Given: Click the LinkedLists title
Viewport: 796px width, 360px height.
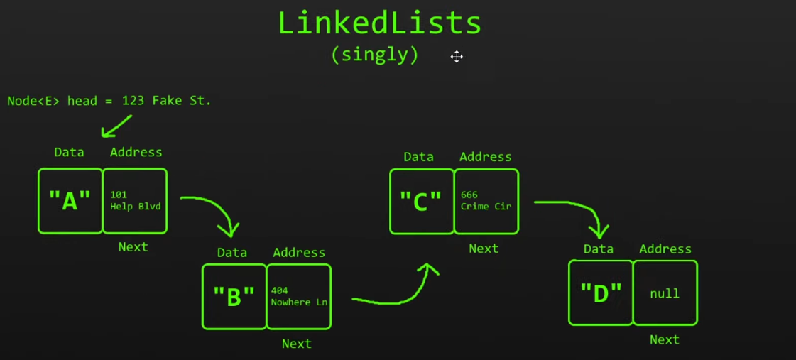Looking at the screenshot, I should point(379,23).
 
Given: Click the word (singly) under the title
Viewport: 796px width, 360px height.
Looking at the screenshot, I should point(375,55).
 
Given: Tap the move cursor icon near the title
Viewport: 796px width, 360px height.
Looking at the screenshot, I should point(457,57).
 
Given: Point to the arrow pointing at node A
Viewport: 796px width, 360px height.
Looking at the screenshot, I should point(116,126).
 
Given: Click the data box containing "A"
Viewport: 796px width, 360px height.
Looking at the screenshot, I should point(70,202).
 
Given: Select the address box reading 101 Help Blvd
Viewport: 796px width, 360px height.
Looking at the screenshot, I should point(135,202).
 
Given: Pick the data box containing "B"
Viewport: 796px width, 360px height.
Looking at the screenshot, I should point(234,297).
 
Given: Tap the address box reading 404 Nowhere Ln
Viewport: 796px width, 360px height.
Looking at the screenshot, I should point(299,297).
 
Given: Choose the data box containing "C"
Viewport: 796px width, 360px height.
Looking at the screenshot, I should point(421,202).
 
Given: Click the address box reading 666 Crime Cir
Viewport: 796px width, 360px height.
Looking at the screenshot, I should point(486,202).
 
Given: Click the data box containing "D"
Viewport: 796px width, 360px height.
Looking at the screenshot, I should point(601,293).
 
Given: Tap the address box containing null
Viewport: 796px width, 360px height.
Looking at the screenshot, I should point(665,293).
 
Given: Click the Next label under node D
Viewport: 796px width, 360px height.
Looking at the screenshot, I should point(664,339).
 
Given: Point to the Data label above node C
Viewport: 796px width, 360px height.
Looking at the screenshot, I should point(418,157).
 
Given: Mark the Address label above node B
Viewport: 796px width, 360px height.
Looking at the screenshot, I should point(299,253).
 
